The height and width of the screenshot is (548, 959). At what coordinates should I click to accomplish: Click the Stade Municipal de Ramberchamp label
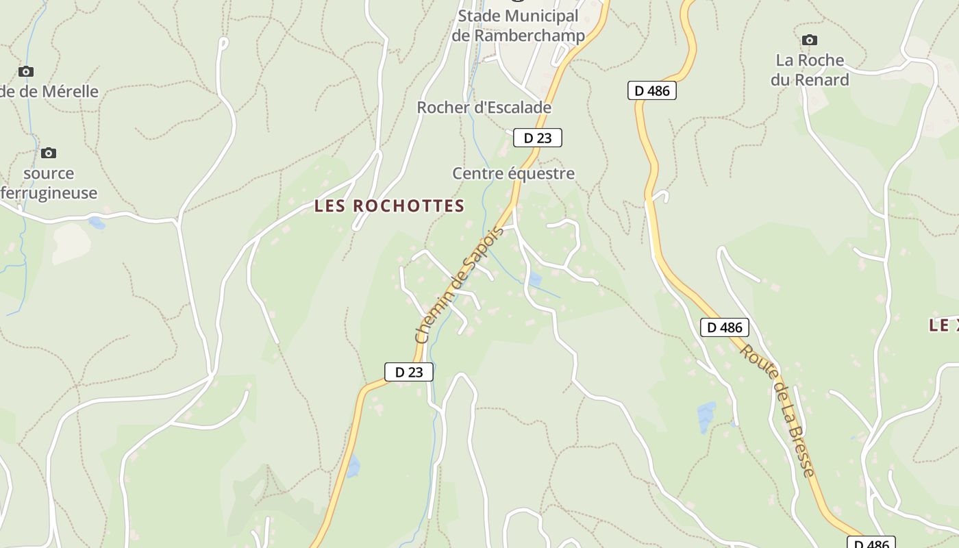click(519, 25)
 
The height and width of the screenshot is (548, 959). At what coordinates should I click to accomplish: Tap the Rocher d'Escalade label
click(484, 108)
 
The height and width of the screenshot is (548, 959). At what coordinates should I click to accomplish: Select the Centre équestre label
click(513, 173)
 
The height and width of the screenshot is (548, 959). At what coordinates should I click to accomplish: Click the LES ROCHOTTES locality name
click(389, 206)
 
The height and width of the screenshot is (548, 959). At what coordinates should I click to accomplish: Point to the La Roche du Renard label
click(810, 70)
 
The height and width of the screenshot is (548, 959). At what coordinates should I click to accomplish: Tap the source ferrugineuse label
click(49, 183)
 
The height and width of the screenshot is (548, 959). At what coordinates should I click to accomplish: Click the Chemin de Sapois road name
click(459, 284)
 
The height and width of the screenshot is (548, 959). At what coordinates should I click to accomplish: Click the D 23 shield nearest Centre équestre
click(538, 138)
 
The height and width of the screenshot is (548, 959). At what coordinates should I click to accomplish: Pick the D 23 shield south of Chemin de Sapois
click(409, 372)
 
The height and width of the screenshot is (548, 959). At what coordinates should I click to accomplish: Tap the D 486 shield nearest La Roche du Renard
click(652, 90)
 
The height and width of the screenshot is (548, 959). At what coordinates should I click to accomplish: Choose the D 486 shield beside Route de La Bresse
click(725, 327)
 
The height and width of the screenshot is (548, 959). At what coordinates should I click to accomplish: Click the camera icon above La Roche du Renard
click(810, 40)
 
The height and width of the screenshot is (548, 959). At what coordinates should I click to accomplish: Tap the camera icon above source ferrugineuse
click(49, 153)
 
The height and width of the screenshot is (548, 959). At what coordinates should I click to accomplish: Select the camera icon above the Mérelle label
click(26, 71)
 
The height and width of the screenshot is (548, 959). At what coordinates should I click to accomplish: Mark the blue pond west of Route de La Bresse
click(706, 416)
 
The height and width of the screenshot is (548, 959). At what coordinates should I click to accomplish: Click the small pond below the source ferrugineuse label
click(97, 223)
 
